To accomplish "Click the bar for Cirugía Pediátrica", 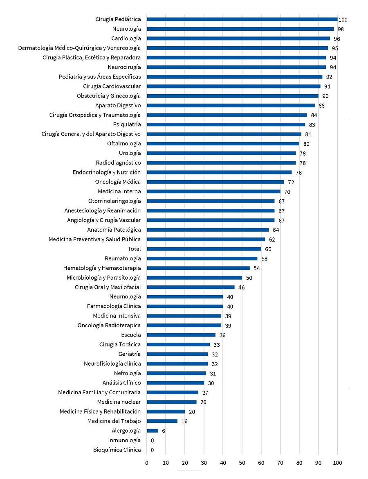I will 242,19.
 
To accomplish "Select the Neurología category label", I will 126,29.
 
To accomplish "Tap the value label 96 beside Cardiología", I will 337,39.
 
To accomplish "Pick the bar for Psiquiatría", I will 226,124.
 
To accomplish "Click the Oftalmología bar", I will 223,144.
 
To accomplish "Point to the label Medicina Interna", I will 119,191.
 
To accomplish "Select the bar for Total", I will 204,249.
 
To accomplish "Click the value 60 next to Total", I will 268,249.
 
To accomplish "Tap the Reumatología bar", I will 202,258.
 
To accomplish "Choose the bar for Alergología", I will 153,431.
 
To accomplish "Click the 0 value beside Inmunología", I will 152,441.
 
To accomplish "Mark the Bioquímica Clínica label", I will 117,450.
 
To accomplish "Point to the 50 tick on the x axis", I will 242,463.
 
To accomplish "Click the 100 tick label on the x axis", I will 337,463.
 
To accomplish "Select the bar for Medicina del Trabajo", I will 162,421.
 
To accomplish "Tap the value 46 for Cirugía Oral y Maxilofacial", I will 241,287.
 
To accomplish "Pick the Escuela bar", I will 181,335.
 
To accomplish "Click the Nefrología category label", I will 127,373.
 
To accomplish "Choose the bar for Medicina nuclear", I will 172,402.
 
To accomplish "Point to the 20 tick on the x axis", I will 185,463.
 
